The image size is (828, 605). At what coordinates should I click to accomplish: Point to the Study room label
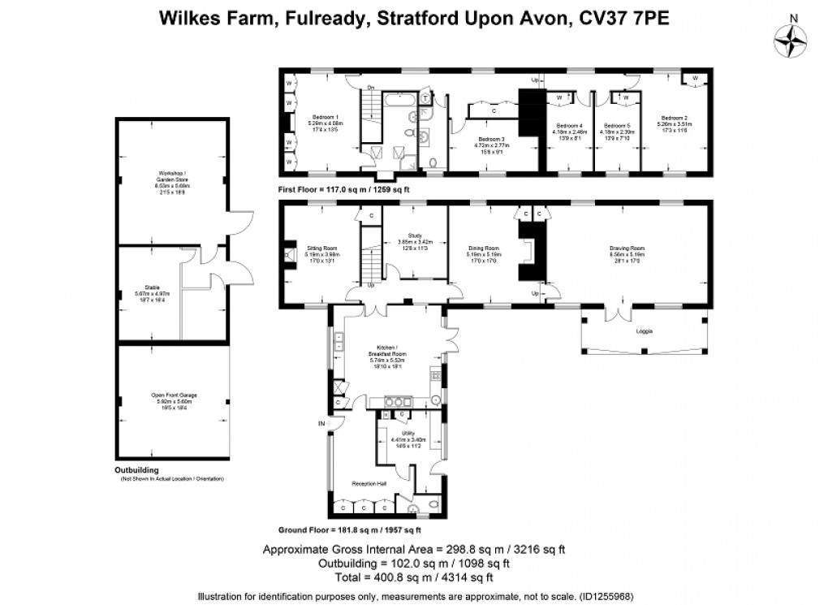point(415,241)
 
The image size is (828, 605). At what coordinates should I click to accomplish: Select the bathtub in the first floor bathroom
point(401,100)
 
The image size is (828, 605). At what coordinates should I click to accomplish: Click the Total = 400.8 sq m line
point(413,577)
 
